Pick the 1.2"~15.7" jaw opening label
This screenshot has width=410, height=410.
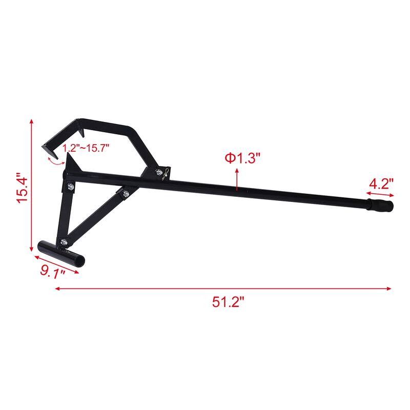pos(86,148)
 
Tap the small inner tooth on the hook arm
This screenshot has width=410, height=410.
pos(77,125)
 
